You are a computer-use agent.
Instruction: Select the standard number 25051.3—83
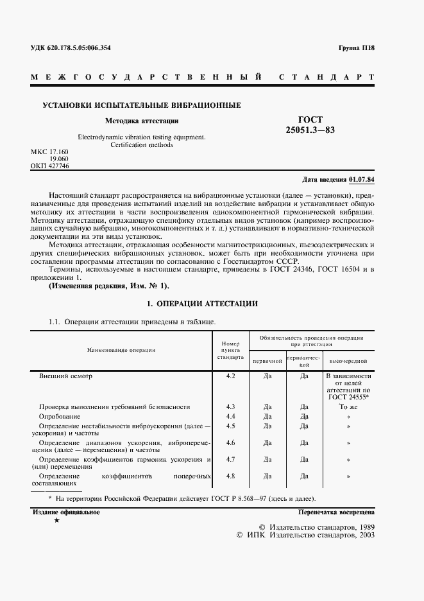[x=310, y=130]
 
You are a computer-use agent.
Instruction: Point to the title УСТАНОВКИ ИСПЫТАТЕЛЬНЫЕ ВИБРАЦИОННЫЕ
[x=142, y=105]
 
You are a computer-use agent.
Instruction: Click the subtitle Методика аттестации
[x=142, y=120]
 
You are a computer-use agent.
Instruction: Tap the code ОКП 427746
[x=50, y=166]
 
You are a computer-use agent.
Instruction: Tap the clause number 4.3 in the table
[x=231, y=406]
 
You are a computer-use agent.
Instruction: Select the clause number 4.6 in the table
[x=231, y=442]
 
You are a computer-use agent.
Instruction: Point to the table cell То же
[x=348, y=406]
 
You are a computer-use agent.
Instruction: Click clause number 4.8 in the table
[x=231, y=476]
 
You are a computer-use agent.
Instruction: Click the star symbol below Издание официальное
[x=57, y=521]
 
